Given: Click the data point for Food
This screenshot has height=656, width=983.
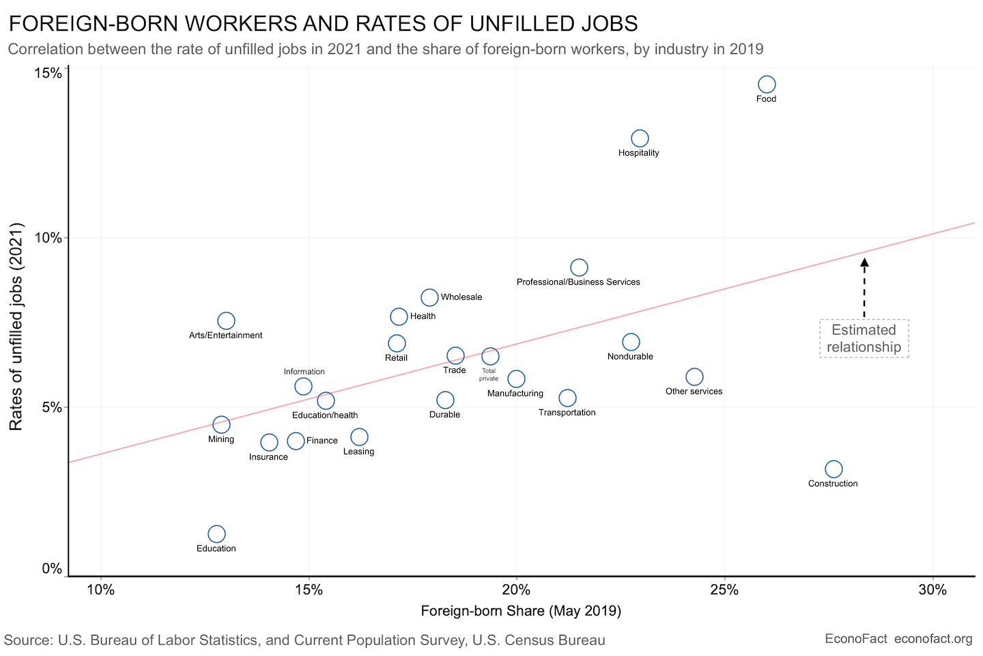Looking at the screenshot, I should [767, 85].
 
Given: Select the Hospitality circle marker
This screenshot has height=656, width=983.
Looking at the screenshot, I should [640, 139].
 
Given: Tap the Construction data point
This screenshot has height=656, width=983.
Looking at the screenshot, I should [834, 469].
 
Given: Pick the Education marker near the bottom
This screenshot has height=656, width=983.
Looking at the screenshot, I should [216, 534].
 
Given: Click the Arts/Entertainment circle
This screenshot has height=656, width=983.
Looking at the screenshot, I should [226, 320].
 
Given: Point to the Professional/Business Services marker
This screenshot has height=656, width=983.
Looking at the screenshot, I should [579, 267].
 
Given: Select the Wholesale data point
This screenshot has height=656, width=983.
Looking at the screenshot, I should [429, 297].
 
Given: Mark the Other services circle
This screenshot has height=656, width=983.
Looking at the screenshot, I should [694, 377].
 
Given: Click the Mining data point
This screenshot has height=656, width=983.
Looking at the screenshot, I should [221, 424].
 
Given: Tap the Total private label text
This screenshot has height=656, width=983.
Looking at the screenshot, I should [489, 374].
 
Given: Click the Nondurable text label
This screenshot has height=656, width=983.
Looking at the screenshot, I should [630, 357].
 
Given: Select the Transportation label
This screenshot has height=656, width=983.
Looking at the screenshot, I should [567, 413].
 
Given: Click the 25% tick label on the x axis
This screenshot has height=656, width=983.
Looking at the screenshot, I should [724, 590].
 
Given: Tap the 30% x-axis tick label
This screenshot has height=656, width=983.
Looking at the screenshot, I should [932, 590].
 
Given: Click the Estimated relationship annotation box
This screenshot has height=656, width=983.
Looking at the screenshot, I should [864, 338].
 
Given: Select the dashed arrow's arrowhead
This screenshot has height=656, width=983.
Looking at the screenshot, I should [864, 262].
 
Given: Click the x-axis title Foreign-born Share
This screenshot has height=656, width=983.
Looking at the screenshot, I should [521, 611].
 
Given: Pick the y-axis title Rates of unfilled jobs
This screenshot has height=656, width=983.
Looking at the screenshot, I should [16, 327].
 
